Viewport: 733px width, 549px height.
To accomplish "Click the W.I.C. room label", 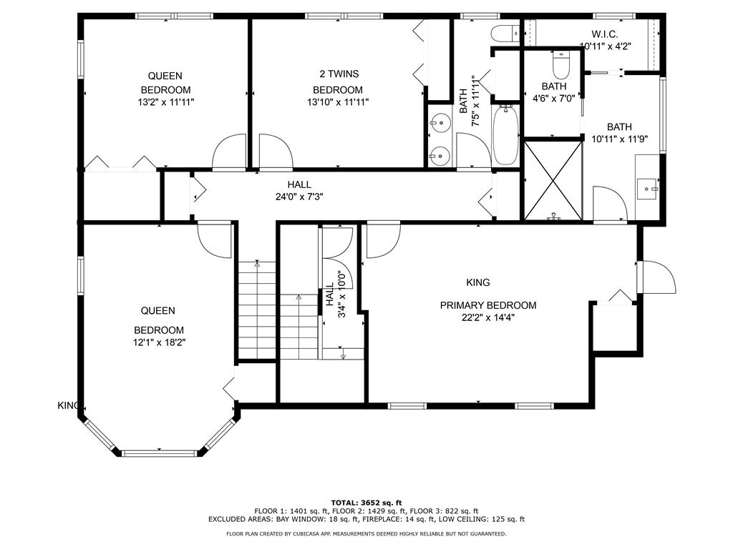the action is pos(604,34).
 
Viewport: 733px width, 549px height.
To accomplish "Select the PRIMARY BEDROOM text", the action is pos(488,305).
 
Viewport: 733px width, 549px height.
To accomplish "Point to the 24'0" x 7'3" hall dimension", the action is pos(299,197).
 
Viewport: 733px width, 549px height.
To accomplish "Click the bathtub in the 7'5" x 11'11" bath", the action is pos(505,134).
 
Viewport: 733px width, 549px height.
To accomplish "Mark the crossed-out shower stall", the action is pos(553,179).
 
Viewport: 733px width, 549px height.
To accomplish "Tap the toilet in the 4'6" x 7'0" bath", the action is pos(561,64).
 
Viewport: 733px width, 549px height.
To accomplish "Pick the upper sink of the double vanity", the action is pos(440,124).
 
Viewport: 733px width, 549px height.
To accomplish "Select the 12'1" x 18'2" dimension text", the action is pos(160,342).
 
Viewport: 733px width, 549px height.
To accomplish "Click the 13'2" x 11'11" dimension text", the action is pos(166,102).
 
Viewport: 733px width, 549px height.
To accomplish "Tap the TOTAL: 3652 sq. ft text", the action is pos(366,503).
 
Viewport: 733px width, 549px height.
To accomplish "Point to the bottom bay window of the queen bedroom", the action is pos(160,452).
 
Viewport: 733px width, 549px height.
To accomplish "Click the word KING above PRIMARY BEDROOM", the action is pos(478,282).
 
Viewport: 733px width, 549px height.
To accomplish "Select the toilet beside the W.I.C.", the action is pos(505,34).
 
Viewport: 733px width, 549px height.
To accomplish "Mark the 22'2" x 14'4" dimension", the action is pos(488,318).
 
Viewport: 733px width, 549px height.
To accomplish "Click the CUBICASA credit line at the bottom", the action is pos(366,533).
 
